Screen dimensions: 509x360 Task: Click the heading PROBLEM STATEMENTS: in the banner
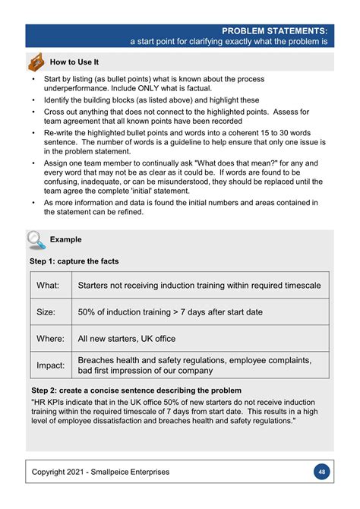[x=275, y=30]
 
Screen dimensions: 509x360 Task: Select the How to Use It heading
[x=74, y=62]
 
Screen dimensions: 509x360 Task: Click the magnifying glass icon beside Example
[x=36, y=240]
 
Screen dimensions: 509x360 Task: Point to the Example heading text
[x=66, y=240]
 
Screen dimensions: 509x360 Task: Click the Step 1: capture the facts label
[x=74, y=261]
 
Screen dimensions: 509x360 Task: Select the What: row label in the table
[x=48, y=285]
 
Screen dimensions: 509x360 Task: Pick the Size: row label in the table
[x=47, y=311]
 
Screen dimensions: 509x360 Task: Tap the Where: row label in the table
[x=50, y=338]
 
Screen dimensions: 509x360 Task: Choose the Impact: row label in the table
[x=51, y=365]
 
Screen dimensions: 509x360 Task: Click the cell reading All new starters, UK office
[x=127, y=338]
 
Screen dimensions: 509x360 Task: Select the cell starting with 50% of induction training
[x=170, y=311]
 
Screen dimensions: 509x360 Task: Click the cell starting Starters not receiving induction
[x=199, y=285]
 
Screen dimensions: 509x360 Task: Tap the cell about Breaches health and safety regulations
[x=194, y=365]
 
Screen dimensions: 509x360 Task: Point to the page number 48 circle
[x=322, y=472]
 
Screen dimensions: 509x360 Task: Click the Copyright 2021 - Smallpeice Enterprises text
[x=100, y=472]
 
